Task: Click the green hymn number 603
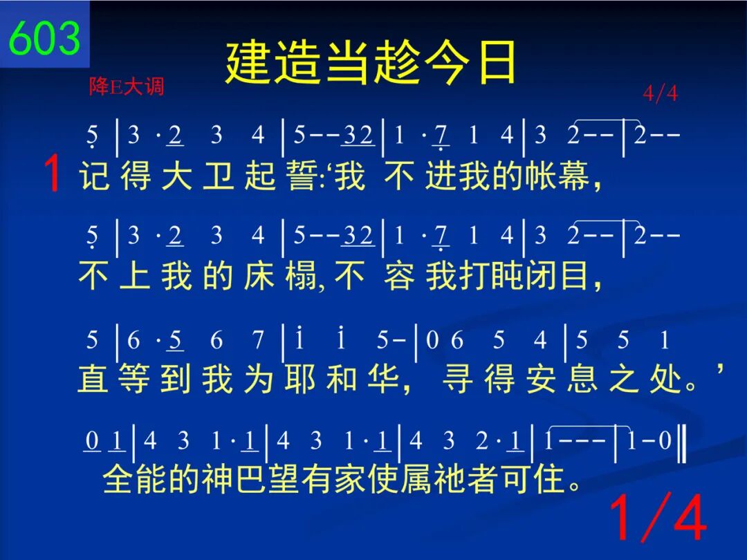tap(44, 37)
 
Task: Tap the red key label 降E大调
tap(127, 86)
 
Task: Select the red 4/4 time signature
tap(660, 93)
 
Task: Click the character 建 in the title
tap(248, 62)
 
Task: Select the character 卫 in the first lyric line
tap(218, 175)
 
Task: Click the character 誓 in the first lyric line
tap(302, 175)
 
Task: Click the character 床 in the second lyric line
tap(259, 276)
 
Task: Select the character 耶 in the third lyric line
tap(301, 379)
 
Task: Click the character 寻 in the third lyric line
tap(458, 379)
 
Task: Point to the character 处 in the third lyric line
tap(665, 379)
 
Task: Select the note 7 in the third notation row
tap(258, 340)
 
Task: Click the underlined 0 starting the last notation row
tap(92, 441)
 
